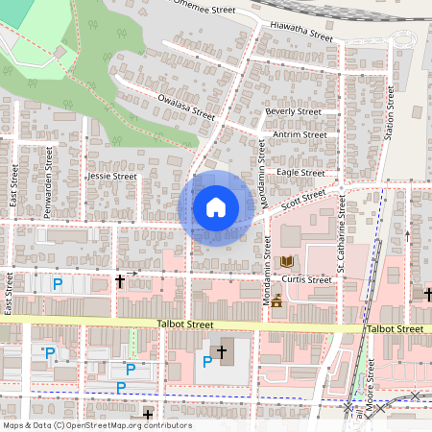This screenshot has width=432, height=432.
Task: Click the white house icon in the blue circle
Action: tap(215, 207)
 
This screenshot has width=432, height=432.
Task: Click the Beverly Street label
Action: tap(293, 111)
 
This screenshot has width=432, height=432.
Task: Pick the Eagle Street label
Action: tap(300, 172)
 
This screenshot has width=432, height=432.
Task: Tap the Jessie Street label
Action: tap(112, 177)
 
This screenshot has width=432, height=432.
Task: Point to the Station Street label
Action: tap(391, 113)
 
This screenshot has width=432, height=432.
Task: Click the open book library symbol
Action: tap(286, 260)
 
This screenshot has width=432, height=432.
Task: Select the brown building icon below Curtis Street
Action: tap(276, 301)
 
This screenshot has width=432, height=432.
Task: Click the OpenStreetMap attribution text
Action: tap(96, 424)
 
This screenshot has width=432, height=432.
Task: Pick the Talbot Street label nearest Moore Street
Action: tap(395, 328)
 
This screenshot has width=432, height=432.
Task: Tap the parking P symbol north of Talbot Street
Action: tap(58, 284)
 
